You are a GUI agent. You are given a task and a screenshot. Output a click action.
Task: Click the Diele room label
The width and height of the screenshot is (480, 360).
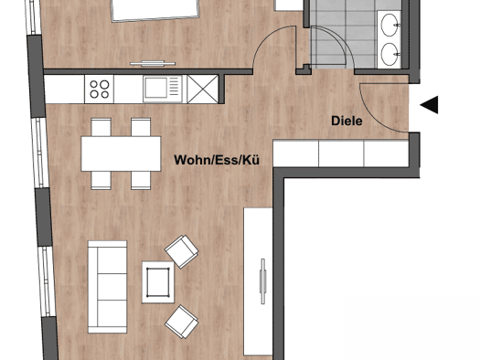(x=347, y=121)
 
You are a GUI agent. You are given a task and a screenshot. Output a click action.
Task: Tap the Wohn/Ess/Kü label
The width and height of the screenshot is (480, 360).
(x=217, y=160)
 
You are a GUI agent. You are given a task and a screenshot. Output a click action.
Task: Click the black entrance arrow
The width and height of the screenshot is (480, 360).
(x=429, y=104)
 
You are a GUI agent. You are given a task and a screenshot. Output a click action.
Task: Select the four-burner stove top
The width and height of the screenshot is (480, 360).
(x=99, y=90)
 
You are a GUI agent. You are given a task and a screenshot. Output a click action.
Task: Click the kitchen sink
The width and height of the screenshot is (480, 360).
(x=163, y=89)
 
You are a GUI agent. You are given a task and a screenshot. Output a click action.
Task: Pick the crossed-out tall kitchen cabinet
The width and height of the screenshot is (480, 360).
(x=202, y=89)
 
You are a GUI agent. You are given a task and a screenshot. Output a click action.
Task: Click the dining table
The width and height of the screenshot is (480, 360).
(x=121, y=154)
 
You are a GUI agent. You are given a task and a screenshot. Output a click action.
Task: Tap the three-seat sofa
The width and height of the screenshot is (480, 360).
(x=108, y=287)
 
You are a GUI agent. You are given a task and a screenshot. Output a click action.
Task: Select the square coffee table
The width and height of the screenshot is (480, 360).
(x=158, y=282)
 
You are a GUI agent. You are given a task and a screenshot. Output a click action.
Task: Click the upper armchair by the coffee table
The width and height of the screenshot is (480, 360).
(x=182, y=251)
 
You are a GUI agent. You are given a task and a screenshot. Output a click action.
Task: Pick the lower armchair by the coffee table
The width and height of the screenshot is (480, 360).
(x=182, y=322)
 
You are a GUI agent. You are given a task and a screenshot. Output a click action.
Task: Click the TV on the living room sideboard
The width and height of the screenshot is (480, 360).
(x=262, y=281)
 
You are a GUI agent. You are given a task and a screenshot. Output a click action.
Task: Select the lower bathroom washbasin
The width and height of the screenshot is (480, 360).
(x=390, y=54)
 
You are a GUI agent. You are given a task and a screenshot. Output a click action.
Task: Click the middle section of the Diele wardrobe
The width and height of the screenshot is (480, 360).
(x=341, y=154)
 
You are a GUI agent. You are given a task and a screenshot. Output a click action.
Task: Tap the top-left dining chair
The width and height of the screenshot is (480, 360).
(x=101, y=127)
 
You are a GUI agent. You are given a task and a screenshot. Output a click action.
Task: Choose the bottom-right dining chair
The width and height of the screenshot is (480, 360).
(x=141, y=181)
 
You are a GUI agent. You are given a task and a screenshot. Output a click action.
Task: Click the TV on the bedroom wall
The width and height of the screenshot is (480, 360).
(x=153, y=64)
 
